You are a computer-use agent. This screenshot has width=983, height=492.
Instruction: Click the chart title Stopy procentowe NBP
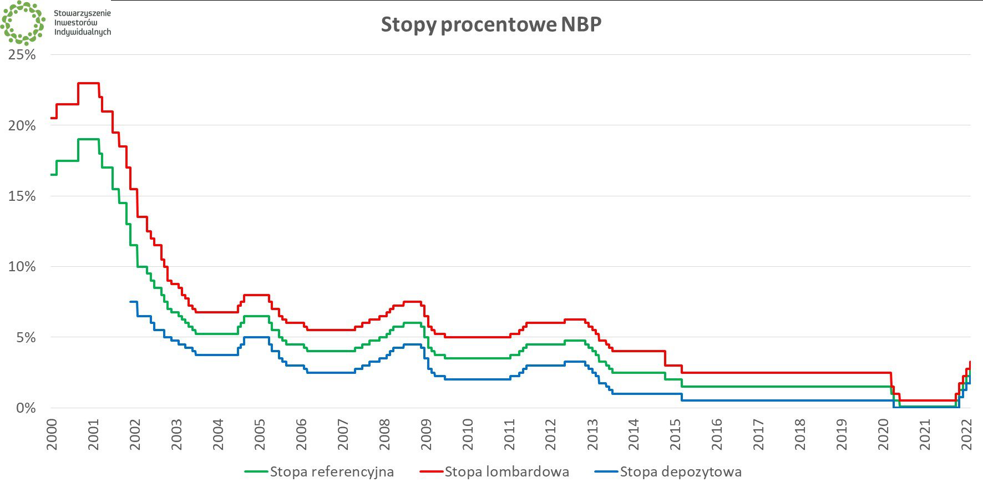(491, 25)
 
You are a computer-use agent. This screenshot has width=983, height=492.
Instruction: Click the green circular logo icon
(23, 23)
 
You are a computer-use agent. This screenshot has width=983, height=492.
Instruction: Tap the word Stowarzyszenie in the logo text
(82, 13)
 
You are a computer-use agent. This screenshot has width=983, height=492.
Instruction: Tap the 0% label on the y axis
(26, 408)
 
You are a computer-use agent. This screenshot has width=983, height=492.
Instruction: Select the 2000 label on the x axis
(52, 434)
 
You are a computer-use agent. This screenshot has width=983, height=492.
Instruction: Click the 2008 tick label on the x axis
(384, 434)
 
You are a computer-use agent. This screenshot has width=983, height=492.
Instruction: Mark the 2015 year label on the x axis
(675, 434)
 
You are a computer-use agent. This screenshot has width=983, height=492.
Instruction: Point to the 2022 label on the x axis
(966, 434)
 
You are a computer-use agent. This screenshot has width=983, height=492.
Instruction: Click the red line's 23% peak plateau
(88, 83)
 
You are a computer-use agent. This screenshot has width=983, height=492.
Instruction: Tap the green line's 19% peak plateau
(88, 139)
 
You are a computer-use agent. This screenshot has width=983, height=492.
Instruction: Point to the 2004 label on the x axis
(218, 434)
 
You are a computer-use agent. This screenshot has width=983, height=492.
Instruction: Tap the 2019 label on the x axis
(842, 434)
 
